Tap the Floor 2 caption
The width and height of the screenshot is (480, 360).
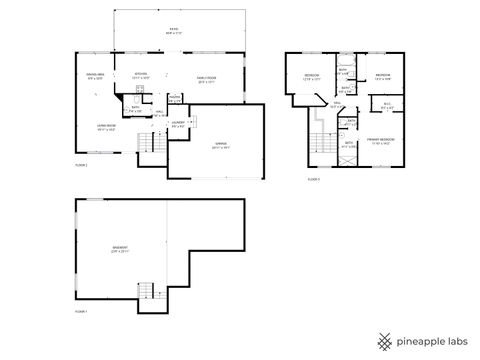click(x=81, y=165)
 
